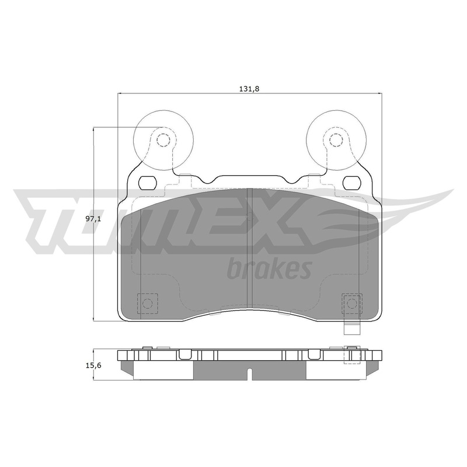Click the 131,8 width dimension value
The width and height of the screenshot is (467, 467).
coord(249,89)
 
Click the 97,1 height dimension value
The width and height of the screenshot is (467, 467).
coord(93,219)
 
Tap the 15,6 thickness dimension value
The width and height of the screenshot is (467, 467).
coord(93,365)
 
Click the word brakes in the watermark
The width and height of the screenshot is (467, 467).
coord(269,269)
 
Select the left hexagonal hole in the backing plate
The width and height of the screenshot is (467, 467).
coord(148,182)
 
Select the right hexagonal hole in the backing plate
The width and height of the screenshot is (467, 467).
coord(351,182)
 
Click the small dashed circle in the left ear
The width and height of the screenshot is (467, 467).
coord(163,140)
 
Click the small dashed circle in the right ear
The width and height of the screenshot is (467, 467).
coord(336,140)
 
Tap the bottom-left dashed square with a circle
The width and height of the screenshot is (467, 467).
coord(147,304)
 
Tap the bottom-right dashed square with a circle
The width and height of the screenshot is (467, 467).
coord(352,304)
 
